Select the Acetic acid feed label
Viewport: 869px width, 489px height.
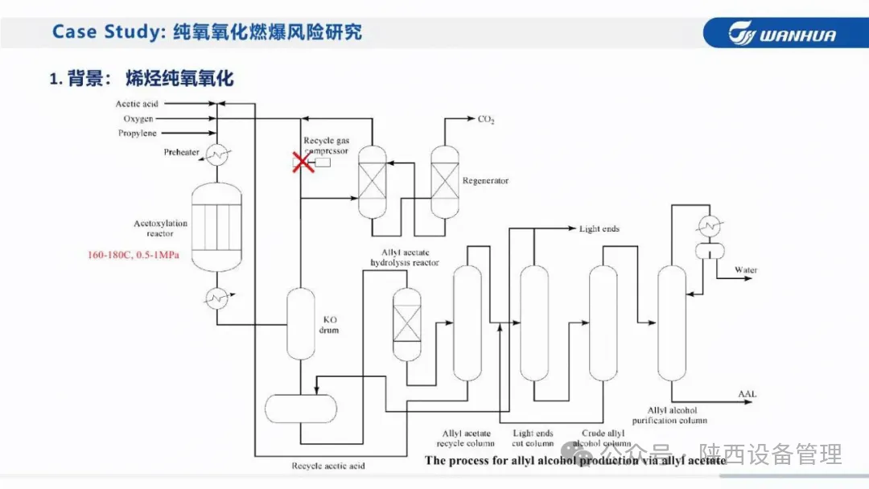[137, 104]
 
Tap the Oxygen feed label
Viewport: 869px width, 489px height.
[138, 118]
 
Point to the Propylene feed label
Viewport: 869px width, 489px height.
[138, 133]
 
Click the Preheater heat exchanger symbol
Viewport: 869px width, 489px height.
[216, 154]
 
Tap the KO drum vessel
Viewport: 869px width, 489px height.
[301, 323]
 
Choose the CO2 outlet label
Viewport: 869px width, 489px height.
[486, 120]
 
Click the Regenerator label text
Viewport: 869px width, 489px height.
[485, 181]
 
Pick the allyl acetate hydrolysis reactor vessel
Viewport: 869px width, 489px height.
[406, 324]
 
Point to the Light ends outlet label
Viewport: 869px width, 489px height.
[599, 229]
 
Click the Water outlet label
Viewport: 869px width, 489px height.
[745, 270]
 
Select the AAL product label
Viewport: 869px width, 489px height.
[747, 393]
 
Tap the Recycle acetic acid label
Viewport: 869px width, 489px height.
[327, 466]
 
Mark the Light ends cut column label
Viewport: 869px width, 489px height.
[533, 439]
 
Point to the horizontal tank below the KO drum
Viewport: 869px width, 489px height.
[301, 409]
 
